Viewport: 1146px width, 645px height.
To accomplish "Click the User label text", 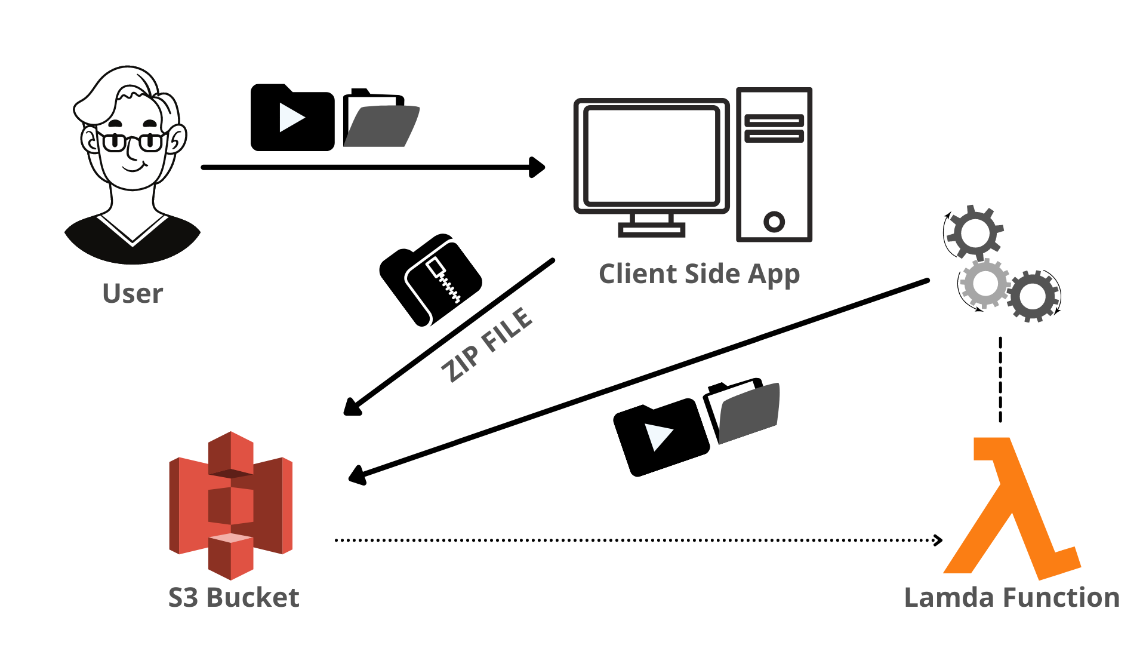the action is [133, 293].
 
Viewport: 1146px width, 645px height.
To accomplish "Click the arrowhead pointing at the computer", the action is [537, 167].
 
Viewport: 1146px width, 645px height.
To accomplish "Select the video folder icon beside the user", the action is [292, 118].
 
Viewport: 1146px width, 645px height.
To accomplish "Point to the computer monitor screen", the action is [651, 156].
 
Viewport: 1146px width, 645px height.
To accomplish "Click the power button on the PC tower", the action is [774, 222].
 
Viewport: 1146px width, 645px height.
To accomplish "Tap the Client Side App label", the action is [699, 274].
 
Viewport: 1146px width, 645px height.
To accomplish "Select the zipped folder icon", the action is [430, 279].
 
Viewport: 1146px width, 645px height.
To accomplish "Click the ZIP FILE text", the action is [486, 345].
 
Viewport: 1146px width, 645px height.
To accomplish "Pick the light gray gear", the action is [984, 284].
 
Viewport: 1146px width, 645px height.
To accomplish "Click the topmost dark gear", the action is [975, 232].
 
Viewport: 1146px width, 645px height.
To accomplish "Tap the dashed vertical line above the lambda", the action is [1000, 380].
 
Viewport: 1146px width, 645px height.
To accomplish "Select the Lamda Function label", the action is [1012, 597].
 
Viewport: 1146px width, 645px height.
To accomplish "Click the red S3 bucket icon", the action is [231, 505].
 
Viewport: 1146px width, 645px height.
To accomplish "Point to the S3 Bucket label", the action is [233, 597].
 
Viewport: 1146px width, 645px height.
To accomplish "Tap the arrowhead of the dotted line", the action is [938, 540].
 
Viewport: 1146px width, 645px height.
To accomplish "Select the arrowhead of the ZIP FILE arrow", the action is [352, 407].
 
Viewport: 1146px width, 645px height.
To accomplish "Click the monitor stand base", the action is [651, 230].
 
